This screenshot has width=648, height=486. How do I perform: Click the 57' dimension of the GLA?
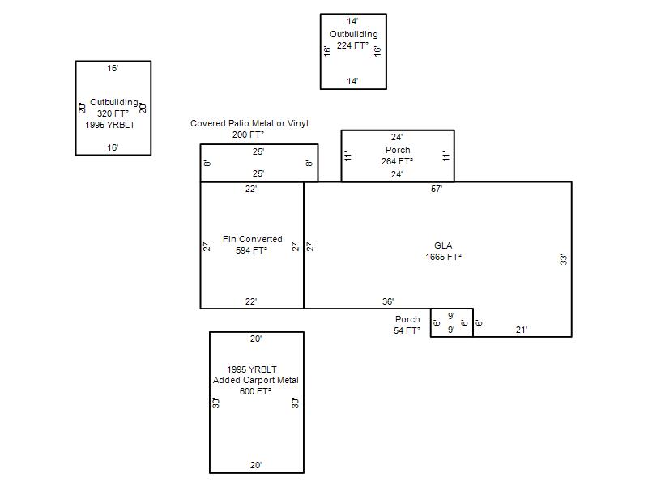[437, 189]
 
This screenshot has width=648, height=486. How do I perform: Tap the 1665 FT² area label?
[443, 257]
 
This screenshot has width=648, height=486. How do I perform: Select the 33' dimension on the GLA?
[563, 260]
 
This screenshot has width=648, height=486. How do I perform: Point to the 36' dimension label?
[388, 301]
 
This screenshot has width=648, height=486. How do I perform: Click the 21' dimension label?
[522, 330]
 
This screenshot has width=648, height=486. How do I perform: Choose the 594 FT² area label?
[251, 250]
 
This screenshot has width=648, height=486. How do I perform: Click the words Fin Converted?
[253, 239]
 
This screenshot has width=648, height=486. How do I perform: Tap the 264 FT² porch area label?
[397, 161]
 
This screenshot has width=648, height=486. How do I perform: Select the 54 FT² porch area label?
[407, 330]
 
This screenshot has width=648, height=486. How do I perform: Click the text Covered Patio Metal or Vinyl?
[249, 123]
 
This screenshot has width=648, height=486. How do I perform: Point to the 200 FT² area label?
[248, 134]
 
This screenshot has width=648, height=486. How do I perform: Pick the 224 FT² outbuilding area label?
[352, 45]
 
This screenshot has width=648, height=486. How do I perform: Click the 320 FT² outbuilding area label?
[113, 113]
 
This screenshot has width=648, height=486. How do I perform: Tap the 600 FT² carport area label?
[255, 391]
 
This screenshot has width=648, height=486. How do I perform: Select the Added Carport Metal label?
[255, 380]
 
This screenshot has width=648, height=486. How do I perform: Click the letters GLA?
[443, 245]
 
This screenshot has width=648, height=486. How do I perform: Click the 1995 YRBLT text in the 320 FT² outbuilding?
[110, 125]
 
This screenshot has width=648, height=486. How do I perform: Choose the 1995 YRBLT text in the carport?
[252, 369]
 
